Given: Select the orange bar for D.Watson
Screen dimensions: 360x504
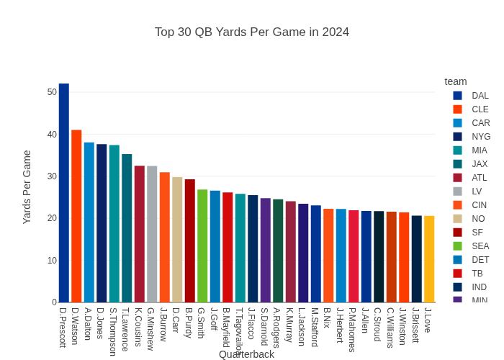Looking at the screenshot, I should (76, 216).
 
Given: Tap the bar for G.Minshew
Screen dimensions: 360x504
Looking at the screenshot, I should (152, 234).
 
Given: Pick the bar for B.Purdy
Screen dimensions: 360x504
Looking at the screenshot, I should (190, 240).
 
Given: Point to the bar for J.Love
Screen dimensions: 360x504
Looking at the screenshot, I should (429, 259).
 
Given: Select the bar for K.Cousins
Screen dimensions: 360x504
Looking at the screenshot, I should (140, 234).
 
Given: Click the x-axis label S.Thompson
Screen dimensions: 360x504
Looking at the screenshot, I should (114, 331).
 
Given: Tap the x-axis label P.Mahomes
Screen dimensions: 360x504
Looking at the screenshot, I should (353, 330).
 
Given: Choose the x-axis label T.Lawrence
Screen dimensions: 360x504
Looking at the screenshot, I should (126, 329).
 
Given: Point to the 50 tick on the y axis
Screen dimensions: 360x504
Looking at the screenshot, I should (52, 92).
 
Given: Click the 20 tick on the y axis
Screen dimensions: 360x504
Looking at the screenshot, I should (52, 218).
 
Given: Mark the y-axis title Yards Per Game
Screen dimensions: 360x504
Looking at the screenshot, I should (27, 187).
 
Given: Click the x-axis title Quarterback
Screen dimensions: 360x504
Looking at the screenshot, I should (246, 354).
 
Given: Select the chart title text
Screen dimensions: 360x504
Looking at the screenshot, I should (252, 32).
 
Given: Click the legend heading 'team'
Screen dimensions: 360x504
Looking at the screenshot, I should (456, 81).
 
